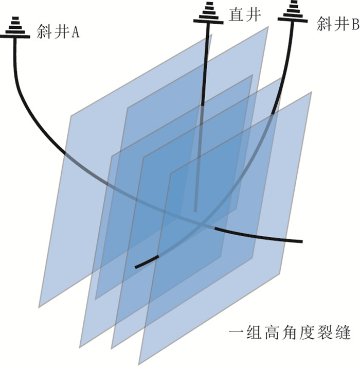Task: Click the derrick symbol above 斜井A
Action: coord(14,28)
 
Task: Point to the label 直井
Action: coord(245,15)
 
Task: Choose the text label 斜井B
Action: coord(337,24)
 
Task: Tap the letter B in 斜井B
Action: coord(355,24)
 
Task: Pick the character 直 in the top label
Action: coord(236,15)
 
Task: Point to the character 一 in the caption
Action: coord(237,335)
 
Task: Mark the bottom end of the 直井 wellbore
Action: coord(195,210)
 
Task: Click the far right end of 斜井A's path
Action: coord(302,241)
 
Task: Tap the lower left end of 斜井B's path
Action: coord(136,267)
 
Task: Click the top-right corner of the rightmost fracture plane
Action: coord(312,92)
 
